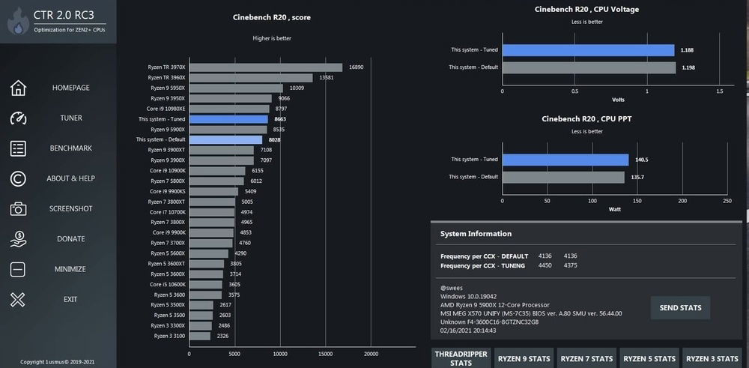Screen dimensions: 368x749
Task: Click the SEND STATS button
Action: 680,307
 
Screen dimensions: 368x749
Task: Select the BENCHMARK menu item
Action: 70,148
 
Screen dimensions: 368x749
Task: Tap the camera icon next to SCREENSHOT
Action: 18,209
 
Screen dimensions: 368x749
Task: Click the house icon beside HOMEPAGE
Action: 18,88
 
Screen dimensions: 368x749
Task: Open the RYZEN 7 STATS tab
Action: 586,358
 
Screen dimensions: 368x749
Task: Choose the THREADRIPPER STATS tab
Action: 461,358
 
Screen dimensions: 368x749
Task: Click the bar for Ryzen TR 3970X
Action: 265,67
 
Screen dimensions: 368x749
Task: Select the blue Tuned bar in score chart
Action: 228,119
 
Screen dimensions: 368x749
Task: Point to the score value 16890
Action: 356,67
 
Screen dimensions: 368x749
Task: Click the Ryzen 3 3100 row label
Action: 169,336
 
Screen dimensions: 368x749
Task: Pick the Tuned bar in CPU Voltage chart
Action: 588,50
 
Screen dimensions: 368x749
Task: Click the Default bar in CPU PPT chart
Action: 562,177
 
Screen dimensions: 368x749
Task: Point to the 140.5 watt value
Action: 641,160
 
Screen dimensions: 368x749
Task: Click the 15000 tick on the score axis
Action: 325,354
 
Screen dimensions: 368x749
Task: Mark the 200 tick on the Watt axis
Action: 682,201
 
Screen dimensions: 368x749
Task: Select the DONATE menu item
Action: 70,239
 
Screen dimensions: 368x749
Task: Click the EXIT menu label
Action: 70,300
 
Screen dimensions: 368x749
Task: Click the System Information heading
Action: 476,234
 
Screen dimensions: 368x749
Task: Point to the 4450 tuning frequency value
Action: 545,265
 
